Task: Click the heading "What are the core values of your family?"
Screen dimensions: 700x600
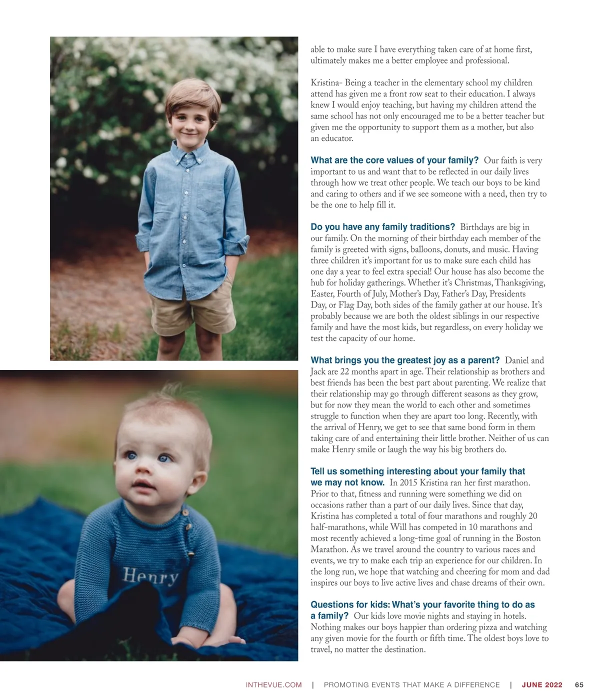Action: [394, 160]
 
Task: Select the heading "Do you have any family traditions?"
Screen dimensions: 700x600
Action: [382, 227]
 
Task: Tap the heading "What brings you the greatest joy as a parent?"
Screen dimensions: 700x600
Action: [405, 360]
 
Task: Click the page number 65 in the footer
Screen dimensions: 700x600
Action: [579, 685]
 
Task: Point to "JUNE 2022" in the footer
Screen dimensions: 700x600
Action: [542, 685]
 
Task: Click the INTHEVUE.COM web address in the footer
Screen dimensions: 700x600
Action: [273, 685]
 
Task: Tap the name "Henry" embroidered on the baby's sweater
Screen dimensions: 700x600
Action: [150, 576]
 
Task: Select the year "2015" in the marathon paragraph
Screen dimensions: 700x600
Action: [408, 483]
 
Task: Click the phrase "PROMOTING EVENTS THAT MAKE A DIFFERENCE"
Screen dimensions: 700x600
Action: [411, 685]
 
